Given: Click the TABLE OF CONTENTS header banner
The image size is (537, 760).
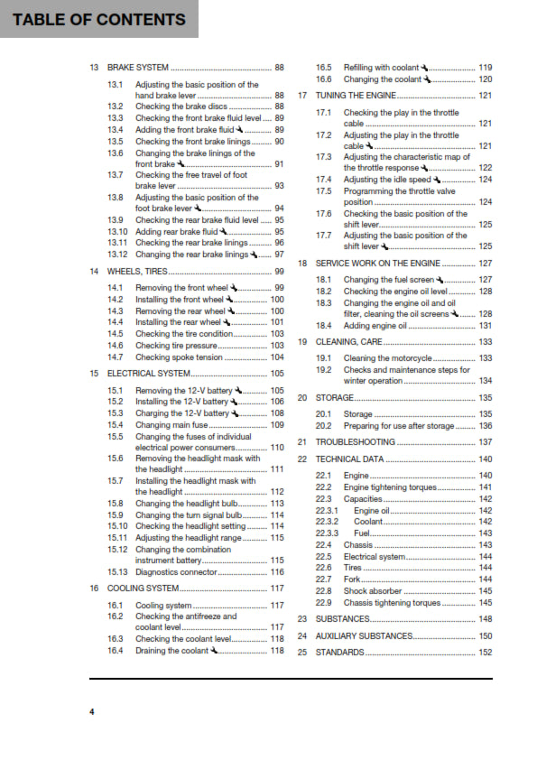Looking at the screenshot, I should click(x=94, y=19).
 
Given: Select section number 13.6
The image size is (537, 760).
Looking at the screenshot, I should click(x=116, y=153).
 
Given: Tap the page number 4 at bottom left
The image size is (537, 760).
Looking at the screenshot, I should click(x=91, y=712).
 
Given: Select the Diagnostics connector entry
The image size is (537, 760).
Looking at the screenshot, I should click(x=177, y=571).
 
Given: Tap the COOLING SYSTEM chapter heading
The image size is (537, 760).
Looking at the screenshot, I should click(x=144, y=588).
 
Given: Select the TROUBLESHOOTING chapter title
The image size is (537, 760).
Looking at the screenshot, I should click(x=356, y=442).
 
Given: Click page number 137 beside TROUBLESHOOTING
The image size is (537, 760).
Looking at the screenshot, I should click(x=485, y=442).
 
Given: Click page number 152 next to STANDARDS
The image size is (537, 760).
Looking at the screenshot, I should click(x=485, y=652).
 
